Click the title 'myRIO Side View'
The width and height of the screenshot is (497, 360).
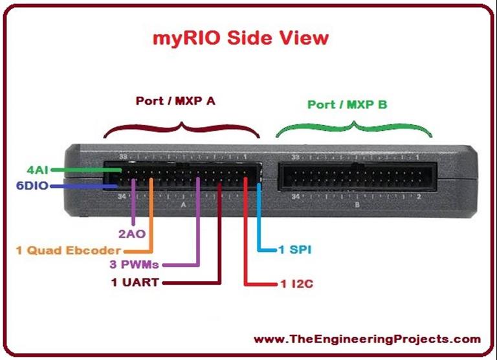tap(240, 38)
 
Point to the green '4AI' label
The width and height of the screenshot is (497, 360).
tap(38, 170)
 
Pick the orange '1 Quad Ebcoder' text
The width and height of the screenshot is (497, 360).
tap(68, 251)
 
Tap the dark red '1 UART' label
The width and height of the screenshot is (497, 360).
tap(135, 282)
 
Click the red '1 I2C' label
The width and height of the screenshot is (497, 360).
tap(286, 284)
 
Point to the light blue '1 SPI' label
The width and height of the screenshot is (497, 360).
tap(294, 249)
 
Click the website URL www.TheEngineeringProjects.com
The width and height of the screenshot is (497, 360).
tap(367, 339)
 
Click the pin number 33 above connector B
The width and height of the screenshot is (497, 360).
tap(295, 157)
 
